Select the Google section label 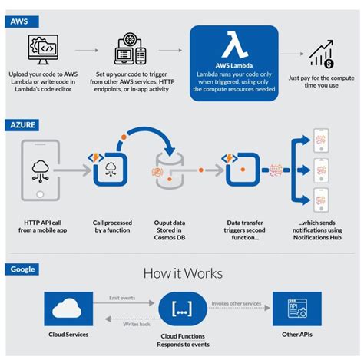[23, 269]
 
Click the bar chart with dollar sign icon [320, 53]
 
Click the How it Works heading [182, 274]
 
